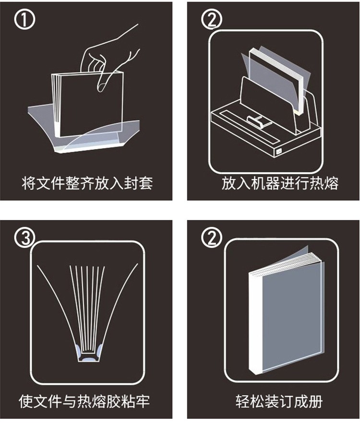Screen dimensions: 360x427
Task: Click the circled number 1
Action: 24,19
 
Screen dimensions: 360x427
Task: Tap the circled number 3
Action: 25,238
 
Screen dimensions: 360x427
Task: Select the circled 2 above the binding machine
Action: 212,19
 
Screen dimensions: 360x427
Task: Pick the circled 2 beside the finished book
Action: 212,237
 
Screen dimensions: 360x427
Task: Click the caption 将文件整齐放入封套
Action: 87,183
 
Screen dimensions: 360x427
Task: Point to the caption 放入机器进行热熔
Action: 280,183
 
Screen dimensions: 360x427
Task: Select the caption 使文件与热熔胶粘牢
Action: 84,401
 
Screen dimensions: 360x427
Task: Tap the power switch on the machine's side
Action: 279,151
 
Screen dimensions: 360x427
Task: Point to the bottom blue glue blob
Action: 90,359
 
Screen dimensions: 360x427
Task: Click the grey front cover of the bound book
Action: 292,318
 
